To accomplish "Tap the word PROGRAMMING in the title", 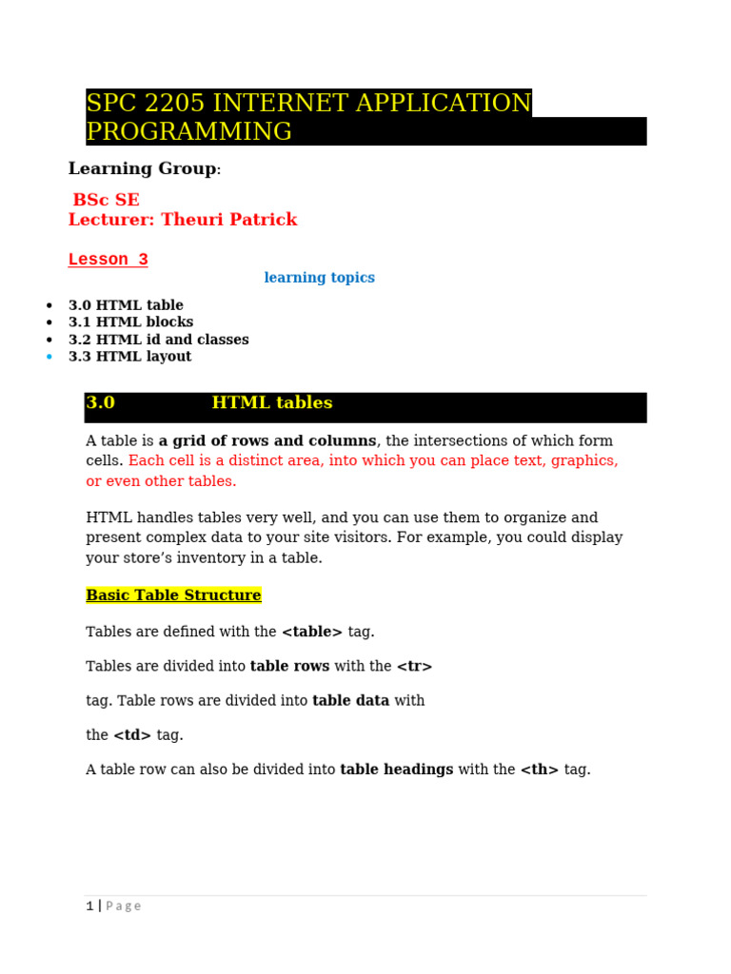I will [x=189, y=131].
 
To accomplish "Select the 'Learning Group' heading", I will [x=142, y=168].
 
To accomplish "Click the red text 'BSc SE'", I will [x=107, y=200].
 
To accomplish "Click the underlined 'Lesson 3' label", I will [x=108, y=260].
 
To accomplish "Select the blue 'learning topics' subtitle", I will [x=319, y=278].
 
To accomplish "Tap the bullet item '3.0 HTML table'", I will [x=126, y=305].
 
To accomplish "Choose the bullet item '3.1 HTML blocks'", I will [x=130, y=322].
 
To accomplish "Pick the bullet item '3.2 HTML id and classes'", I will [x=158, y=340].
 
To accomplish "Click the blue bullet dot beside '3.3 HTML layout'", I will [x=49, y=358].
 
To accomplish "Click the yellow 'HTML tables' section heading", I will [x=272, y=403].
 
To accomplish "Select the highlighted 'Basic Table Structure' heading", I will [x=173, y=595].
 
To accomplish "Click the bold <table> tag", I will [x=312, y=632].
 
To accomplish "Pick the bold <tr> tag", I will [x=414, y=667].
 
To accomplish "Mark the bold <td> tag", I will [x=132, y=735].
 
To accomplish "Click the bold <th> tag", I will [x=540, y=769].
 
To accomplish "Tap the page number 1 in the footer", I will [x=89, y=906].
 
